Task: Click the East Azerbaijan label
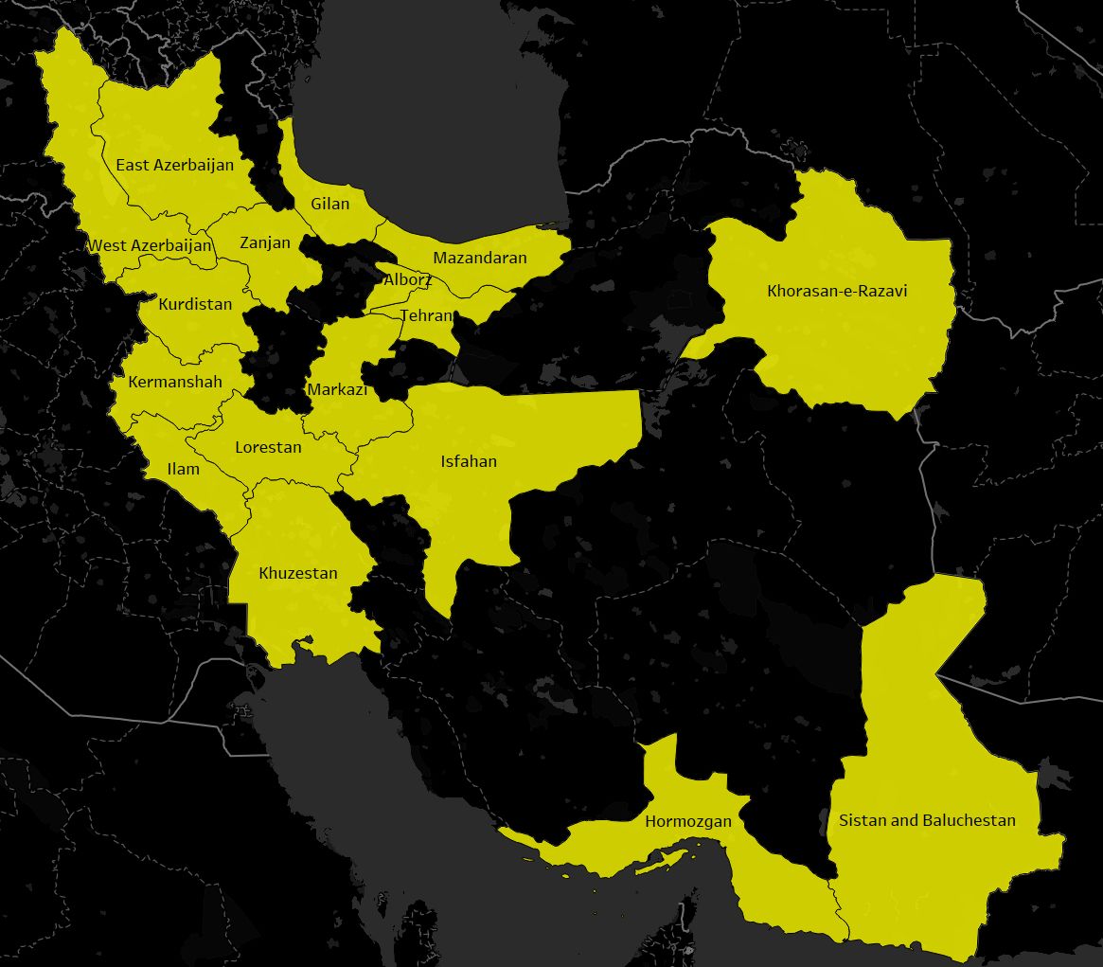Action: pyautogui.click(x=174, y=165)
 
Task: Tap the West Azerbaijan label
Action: pyautogui.click(x=151, y=245)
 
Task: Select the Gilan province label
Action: pyautogui.click(x=329, y=204)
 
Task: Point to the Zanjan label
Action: pyautogui.click(x=265, y=242)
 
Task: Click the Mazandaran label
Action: pyautogui.click(x=480, y=258)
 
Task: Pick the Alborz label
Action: pyautogui.click(x=408, y=279)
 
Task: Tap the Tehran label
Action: pyautogui.click(x=426, y=315)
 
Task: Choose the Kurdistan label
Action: pyautogui.click(x=195, y=304)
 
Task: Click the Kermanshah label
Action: pyautogui.click(x=175, y=382)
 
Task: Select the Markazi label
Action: pyautogui.click(x=337, y=389)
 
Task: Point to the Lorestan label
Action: pyautogui.click(x=268, y=447)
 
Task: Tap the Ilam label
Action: pyautogui.click(x=183, y=469)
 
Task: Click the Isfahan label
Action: pyautogui.click(x=469, y=461)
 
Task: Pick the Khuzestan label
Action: pyautogui.click(x=298, y=573)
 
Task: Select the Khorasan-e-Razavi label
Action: pyautogui.click(x=837, y=291)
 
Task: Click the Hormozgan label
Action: pyautogui.click(x=688, y=821)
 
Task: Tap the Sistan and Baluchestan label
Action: pyautogui.click(x=927, y=820)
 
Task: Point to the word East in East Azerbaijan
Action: pyautogui.click(x=132, y=165)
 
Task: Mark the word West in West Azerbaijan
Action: pyautogui.click(x=107, y=245)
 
